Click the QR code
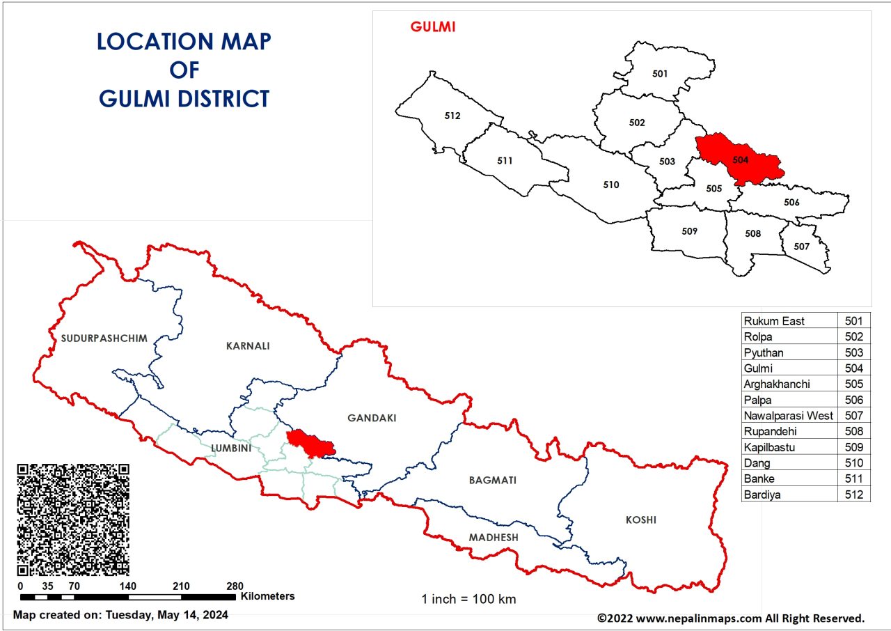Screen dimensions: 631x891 [x=73, y=520]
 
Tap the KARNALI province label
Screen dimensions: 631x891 [x=247, y=345]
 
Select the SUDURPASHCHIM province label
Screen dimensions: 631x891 [x=104, y=338]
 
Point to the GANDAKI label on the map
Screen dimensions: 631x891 [x=371, y=418]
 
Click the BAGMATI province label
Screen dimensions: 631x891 [x=493, y=480]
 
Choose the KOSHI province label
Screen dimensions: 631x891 [x=640, y=520]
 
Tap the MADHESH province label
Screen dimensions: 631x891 [x=493, y=537]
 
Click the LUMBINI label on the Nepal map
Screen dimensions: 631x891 [x=226, y=449]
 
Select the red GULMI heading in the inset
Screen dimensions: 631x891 [x=432, y=27]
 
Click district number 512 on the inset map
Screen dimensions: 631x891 [x=452, y=116]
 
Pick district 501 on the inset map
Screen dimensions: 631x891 [x=660, y=74]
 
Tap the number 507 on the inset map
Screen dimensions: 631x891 [x=801, y=247]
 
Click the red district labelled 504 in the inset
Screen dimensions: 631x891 [x=740, y=159]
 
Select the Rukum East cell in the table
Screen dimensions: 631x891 [x=773, y=321]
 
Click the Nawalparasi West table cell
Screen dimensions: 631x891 [x=788, y=416]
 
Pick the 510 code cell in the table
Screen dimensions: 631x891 [x=853, y=463]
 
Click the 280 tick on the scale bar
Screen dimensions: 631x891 [x=235, y=586]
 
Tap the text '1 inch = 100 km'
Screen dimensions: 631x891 [x=468, y=599]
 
